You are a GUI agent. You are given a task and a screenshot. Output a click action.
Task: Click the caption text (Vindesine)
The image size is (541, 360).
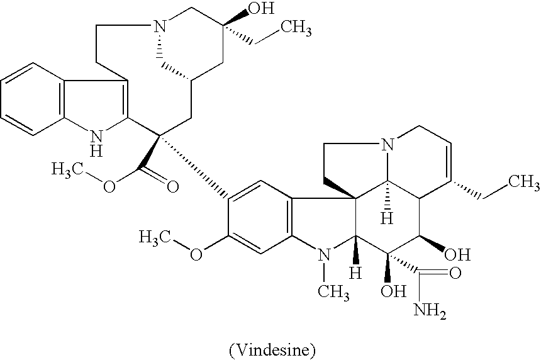pyautogui.click(x=272, y=350)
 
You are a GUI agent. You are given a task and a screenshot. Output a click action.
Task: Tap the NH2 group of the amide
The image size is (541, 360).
pyautogui.click(x=430, y=310)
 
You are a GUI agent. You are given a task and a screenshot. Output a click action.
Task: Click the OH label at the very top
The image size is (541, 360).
pyautogui.click(x=261, y=8)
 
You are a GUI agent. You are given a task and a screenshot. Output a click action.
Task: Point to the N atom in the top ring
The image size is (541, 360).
pyautogui.click(x=159, y=26)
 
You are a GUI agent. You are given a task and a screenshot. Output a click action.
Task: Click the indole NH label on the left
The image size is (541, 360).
pyautogui.click(x=97, y=143)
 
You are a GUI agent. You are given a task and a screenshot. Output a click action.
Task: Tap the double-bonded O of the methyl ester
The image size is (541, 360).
pyautogui.click(x=172, y=187)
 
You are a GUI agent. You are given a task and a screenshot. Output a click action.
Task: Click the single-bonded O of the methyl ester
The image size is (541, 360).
pyautogui.click(x=109, y=187)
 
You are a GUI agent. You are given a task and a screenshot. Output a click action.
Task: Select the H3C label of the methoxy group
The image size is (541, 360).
pyautogui.click(x=155, y=237)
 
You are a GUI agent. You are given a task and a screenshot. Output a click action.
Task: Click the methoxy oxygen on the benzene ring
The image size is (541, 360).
pyautogui.click(x=196, y=254)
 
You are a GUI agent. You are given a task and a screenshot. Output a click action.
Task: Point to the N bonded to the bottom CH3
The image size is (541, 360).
pyautogui.click(x=323, y=254)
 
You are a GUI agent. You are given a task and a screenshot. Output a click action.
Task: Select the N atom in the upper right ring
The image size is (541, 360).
pyautogui.click(x=388, y=144)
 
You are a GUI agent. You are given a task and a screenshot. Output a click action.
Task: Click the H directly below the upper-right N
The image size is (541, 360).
pyautogui.click(x=387, y=219)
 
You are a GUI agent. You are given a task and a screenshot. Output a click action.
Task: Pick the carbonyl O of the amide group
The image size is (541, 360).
pyautogui.click(x=455, y=273)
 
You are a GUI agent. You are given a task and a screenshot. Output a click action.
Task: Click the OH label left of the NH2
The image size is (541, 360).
pyautogui.click(x=393, y=291)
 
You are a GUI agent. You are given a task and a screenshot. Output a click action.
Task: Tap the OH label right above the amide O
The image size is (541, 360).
pyautogui.click(x=457, y=255)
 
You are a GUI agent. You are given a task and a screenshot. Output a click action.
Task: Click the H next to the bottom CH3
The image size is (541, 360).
pyautogui.click(x=355, y=273)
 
